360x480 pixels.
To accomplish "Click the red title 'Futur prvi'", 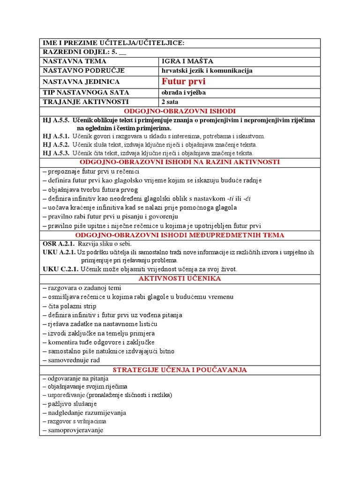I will [183, 82].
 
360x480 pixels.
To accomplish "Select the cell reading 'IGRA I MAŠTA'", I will [181, 61].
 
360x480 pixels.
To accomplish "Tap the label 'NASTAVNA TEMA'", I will [75, 61].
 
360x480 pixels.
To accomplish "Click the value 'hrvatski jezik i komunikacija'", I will [207, 70].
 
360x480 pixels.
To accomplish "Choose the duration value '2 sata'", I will [170, 102].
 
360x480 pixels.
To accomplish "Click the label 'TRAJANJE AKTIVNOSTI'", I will [85, 102].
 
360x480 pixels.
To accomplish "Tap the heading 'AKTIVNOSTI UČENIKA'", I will [180, 278].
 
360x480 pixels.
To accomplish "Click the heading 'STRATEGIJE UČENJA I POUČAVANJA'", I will [180, 370].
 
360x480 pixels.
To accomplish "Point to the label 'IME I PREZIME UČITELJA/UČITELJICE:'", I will [113, 43].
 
